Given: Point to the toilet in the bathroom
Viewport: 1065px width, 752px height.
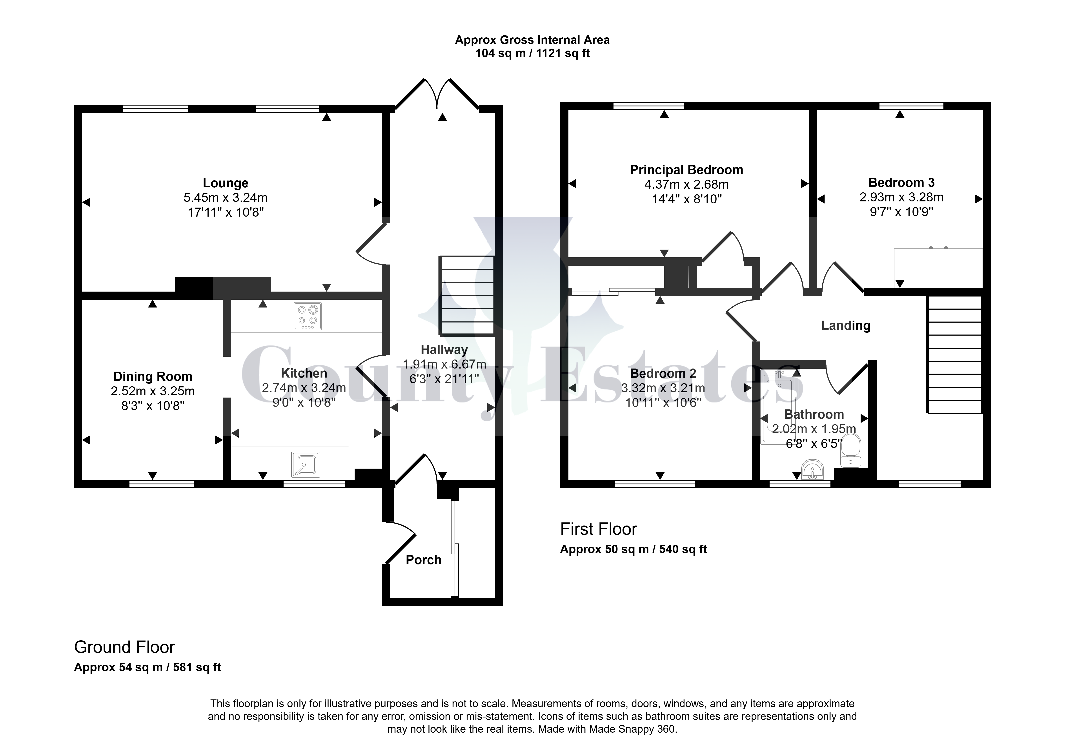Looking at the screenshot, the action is [x=851, y=450].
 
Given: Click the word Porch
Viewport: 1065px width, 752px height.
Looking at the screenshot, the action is [x=424, y=560].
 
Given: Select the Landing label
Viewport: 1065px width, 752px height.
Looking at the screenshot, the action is [x=846, y=326].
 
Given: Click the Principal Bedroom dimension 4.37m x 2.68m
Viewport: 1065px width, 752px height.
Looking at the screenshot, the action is [x=686, y=185].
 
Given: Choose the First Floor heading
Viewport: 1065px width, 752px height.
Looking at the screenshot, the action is [x=598, y=529].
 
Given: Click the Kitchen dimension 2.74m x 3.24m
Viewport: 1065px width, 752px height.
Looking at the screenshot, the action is [x=304, y=388].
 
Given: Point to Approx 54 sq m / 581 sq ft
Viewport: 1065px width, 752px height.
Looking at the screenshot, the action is [x=147, y=667].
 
